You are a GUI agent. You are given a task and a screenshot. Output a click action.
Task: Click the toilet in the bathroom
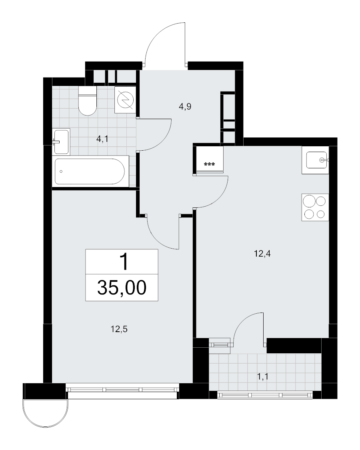pyautogui.click(x=87, y=101)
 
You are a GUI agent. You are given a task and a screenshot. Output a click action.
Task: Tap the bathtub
pyautogui.click(x=90, y=171)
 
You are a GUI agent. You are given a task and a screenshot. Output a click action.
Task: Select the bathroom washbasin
pyautogui.click(x=61, y=141)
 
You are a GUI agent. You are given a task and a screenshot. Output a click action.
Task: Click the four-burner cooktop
pyautogui.click(x=315, y=207)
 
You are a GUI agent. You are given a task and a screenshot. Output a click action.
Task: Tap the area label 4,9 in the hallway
pyautogui.click(x=185, y=107)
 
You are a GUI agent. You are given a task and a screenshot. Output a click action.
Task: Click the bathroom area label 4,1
pyautogui.click(x=102, y=139)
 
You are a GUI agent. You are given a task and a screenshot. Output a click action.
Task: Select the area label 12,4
pyautogui.click(x=262, y=254)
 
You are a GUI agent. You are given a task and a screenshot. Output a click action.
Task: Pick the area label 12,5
pyautogui.click(x=119, y=329)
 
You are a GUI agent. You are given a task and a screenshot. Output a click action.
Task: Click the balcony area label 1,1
pyautogui.click(x=263, y=376)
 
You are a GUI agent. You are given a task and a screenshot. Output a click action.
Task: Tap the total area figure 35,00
pyautogui.click(x=122, y=288)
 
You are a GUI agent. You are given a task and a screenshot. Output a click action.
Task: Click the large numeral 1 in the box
pyautogui.click(x=124, y=262)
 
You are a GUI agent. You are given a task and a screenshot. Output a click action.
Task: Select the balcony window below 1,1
pyautogui.click(x=265, y=395)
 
